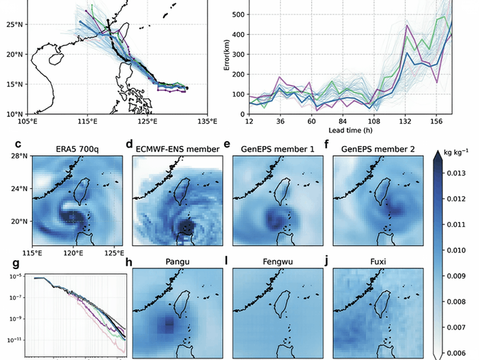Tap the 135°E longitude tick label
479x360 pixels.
click(207, 122)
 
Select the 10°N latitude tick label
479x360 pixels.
click(15, 113)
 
